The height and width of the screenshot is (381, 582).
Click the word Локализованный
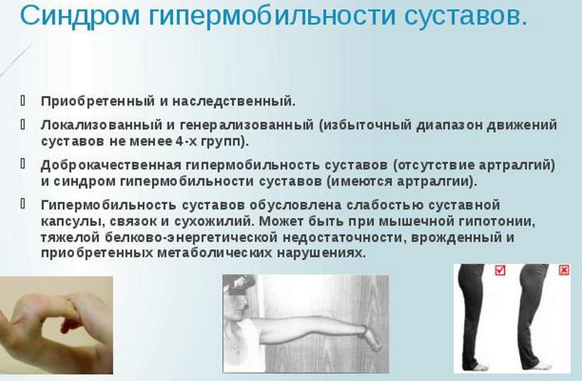coord(90,125)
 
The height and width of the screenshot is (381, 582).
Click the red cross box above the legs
coord(564,270)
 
